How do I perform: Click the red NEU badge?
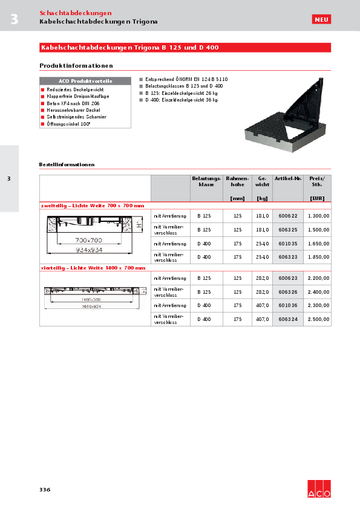321,20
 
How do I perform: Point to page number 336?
45,489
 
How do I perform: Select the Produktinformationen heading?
76,66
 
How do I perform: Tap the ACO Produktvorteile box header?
85,80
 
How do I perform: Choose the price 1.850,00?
318,257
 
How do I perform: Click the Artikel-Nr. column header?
287,178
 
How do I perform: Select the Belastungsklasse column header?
206,181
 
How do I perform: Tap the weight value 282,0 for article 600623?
262,278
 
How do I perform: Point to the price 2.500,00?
318,319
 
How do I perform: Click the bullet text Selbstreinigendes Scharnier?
68,117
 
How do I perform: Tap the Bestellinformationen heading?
67,164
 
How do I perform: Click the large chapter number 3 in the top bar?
14,19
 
